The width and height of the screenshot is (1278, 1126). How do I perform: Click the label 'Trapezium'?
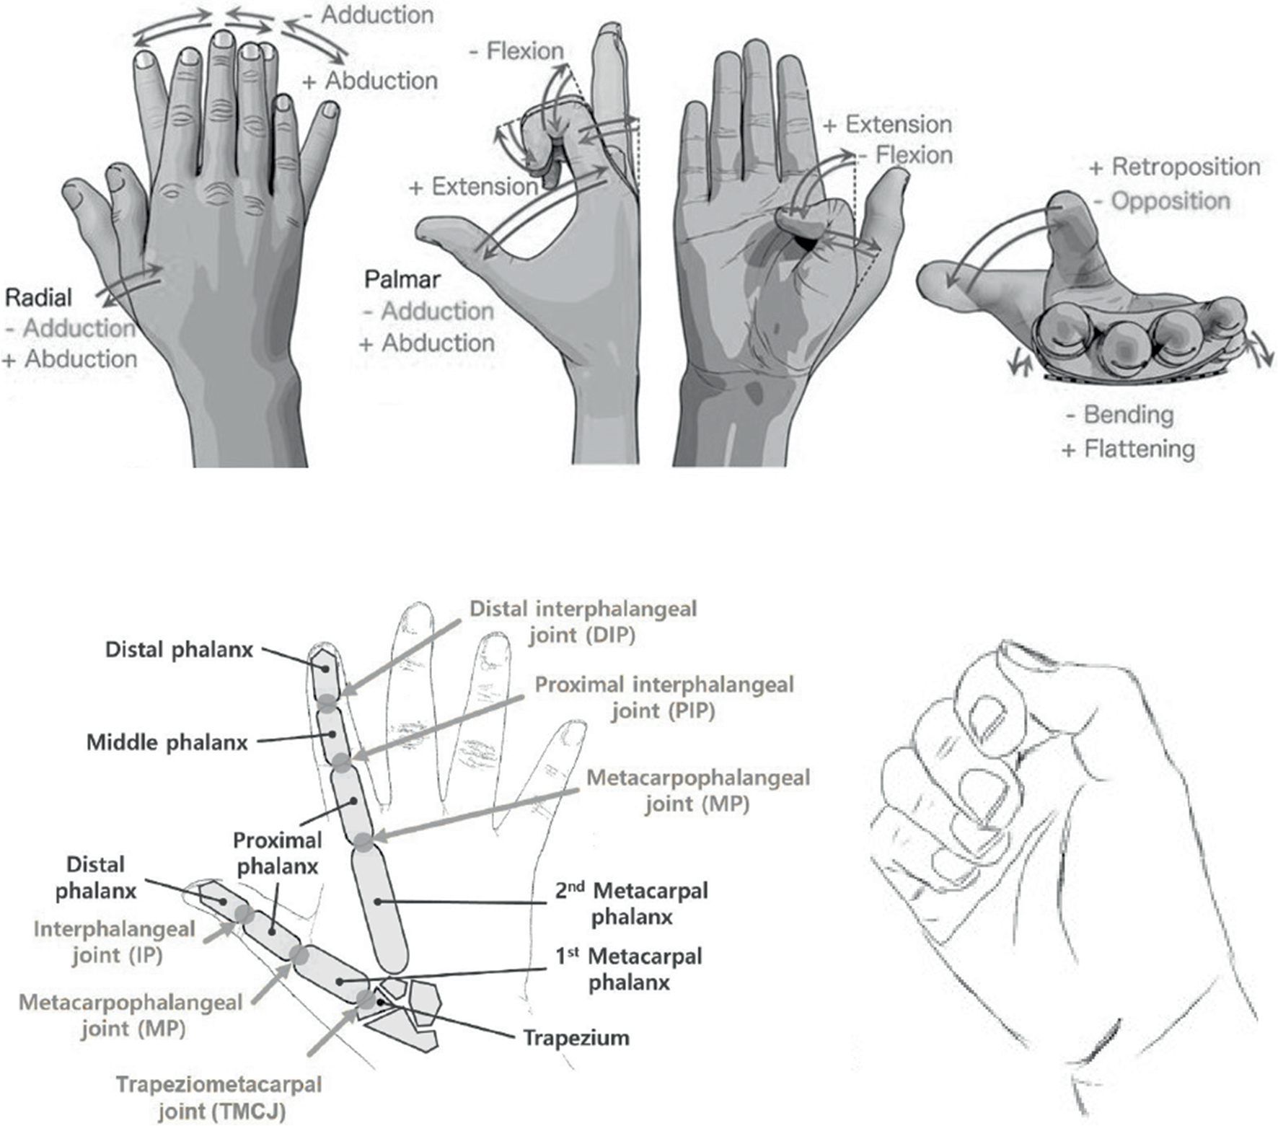pos(576,1038)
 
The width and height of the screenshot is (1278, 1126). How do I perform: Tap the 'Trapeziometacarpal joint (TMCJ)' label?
pos(219,1098)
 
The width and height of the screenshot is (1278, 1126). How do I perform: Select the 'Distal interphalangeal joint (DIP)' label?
pos(583,622)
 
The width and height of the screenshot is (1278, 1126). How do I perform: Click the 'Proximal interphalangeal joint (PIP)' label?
pos(664,698)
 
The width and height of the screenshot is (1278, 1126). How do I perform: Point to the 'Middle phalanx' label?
pos(167,742)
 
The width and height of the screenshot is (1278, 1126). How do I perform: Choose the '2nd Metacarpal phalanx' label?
pos(632,904)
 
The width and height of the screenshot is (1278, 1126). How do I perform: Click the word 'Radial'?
pos(38,297)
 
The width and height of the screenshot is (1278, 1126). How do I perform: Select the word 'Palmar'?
pos(402,279)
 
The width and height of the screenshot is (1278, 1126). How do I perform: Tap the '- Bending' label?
pos(1119,415)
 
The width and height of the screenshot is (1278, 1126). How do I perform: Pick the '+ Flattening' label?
pos(1129,449)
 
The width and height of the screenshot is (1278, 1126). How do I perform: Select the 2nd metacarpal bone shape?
pos(379,909)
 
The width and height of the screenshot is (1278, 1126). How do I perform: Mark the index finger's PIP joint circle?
pos(341,761)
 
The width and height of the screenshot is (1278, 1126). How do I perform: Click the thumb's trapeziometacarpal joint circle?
pos(366,999)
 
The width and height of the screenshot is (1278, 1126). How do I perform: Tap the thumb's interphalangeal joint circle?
pos(244,915)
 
